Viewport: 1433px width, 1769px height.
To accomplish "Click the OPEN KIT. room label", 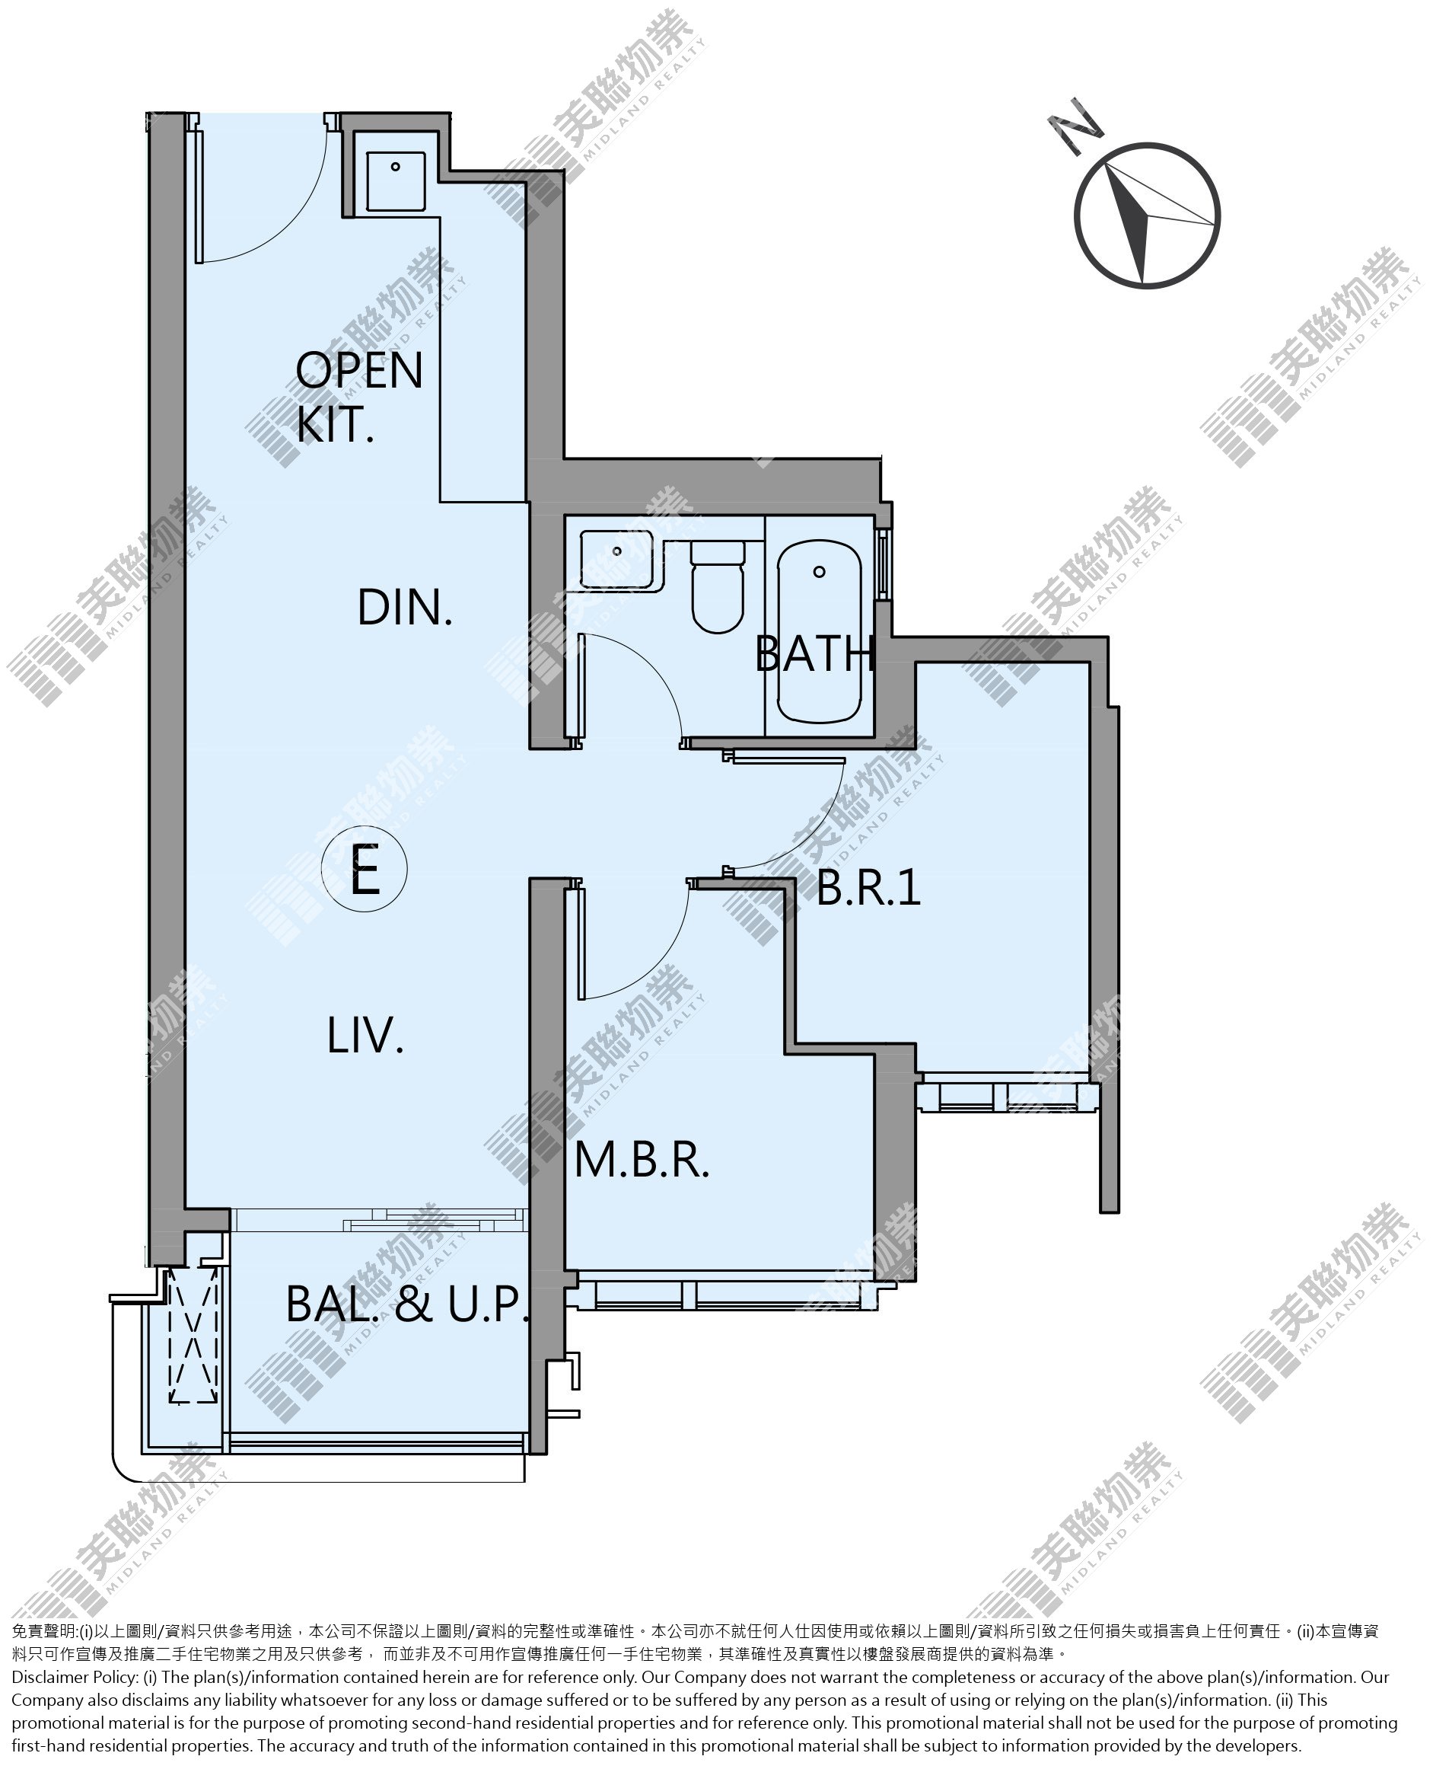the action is [x=359, y=397].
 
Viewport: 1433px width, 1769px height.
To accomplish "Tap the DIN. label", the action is [x=404, y=608].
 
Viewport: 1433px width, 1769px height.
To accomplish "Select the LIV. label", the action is [x=365, y=1036].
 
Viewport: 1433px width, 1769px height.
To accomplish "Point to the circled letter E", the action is [x=364, y=870].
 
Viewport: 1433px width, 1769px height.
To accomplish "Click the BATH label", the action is [x=816, y=654].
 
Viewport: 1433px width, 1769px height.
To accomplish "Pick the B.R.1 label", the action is [x=868, y=889].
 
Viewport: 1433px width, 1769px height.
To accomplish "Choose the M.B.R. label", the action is [x=642, y=1161].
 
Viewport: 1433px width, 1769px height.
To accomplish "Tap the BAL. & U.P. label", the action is [x=407, y=1305].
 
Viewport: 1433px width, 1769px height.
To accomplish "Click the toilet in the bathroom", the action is [x=718, y=586].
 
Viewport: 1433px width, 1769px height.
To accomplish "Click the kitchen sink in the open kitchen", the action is [x=396, y=182].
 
